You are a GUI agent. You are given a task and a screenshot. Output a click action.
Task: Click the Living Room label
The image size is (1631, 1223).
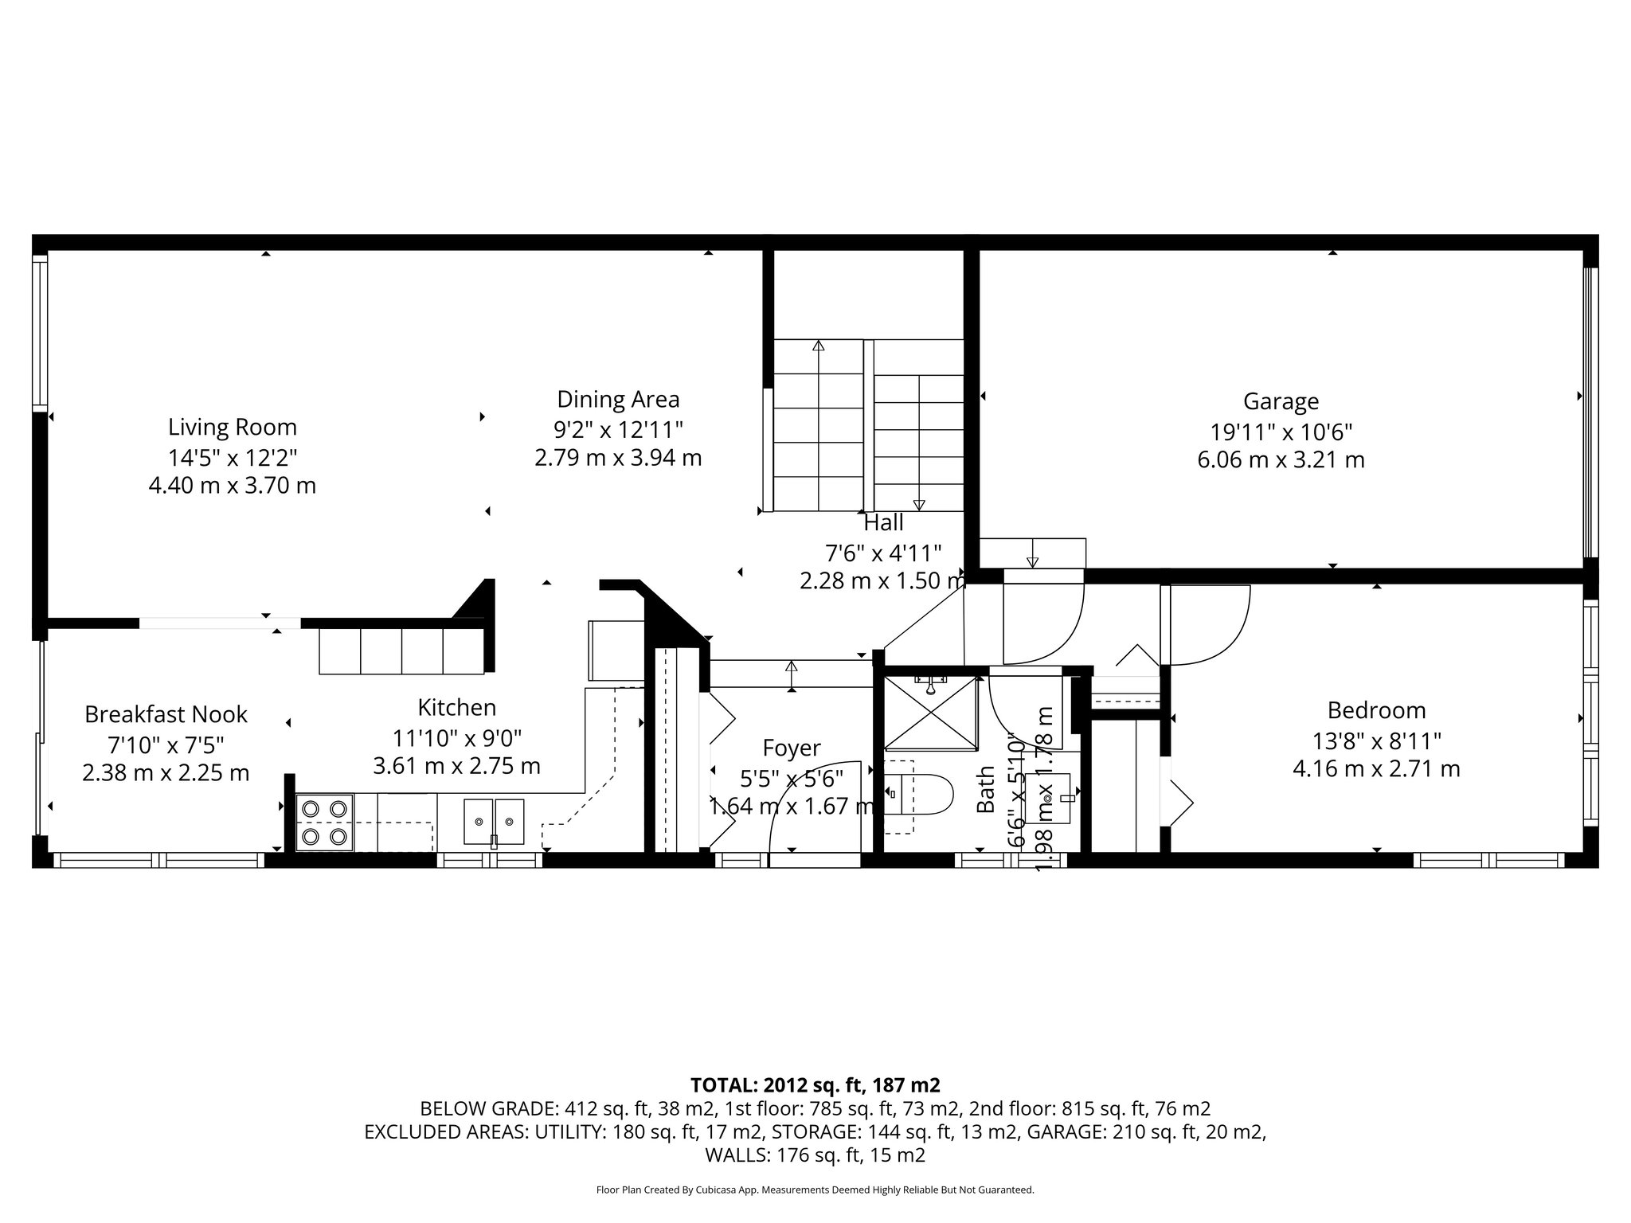[x=232, y=428]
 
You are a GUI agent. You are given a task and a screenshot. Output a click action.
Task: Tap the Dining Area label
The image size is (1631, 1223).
[x=618, y=399]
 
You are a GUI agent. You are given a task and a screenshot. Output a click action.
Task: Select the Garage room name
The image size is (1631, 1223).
[x=1281, y=401]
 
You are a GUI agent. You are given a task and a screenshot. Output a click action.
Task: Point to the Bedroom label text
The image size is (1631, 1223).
[x=1376, y=710]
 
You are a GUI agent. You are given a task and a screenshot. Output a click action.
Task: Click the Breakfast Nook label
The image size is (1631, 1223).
[x=166, y=714]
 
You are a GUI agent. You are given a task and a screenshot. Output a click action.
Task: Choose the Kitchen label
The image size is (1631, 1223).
[x=456, y=708]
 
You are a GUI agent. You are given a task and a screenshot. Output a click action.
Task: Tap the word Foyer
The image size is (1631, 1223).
[x=791, y=748]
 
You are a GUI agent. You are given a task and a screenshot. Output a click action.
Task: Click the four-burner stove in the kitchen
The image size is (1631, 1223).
[x=326, y=822]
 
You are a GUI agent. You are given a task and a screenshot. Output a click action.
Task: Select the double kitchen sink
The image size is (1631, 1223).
[x=494, y=821]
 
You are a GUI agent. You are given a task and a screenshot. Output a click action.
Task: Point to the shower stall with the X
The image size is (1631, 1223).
[x=931, y=713]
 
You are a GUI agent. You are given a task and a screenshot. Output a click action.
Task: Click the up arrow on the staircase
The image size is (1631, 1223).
[x=818, y=347]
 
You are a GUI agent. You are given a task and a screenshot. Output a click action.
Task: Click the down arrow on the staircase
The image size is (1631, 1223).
[x=919, y=503]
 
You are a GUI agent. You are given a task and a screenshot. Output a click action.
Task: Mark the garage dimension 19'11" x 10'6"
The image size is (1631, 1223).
[x=1281, y=432]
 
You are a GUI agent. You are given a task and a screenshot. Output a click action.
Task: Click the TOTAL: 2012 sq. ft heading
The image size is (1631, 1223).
[x=815, y=1085]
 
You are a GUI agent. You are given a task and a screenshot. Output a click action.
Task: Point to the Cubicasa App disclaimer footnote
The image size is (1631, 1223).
[x=815, y=1190]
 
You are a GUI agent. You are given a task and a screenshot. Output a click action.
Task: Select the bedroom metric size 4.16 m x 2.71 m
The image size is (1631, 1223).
[x=1376, y=769]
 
